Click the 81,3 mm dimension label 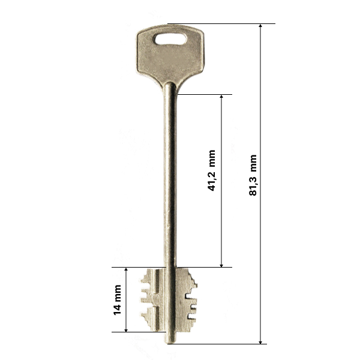coord(253,175)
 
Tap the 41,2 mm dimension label coord(211,170)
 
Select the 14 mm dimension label coord(117,300)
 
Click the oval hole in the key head coord(170,39)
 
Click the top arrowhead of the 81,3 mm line coord(260,26)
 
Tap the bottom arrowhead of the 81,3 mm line coord(260,342)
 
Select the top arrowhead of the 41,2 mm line coord(221,97)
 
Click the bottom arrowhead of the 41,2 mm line coord(221,265)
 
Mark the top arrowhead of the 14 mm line coord(126,270)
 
